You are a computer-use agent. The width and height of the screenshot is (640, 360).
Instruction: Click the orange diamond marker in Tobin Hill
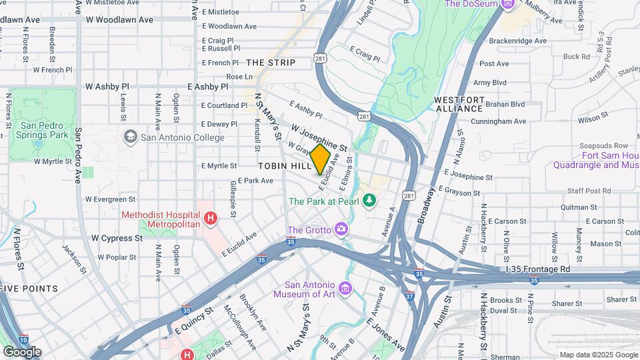pos(321,159)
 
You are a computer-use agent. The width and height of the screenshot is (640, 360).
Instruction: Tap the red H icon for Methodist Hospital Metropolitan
pos(211,218)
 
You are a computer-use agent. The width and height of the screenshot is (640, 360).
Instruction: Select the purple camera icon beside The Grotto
pos(341,229)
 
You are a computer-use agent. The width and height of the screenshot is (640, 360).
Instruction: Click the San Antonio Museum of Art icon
pos(345,287)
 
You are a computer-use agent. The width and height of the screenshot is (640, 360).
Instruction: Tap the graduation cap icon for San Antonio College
pos(131,137)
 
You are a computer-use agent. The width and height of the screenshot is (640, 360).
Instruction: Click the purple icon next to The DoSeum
pos(508,4)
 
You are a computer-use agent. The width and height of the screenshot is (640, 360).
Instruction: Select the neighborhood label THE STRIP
pos(271,62)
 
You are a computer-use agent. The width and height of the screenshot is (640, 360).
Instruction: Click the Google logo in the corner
pos(21,351)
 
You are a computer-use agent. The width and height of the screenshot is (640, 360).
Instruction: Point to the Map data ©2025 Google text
pos(597,355)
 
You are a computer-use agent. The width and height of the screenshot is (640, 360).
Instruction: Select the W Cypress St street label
pos(117,237)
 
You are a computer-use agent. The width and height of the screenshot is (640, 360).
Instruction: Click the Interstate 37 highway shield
pos(408,295)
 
